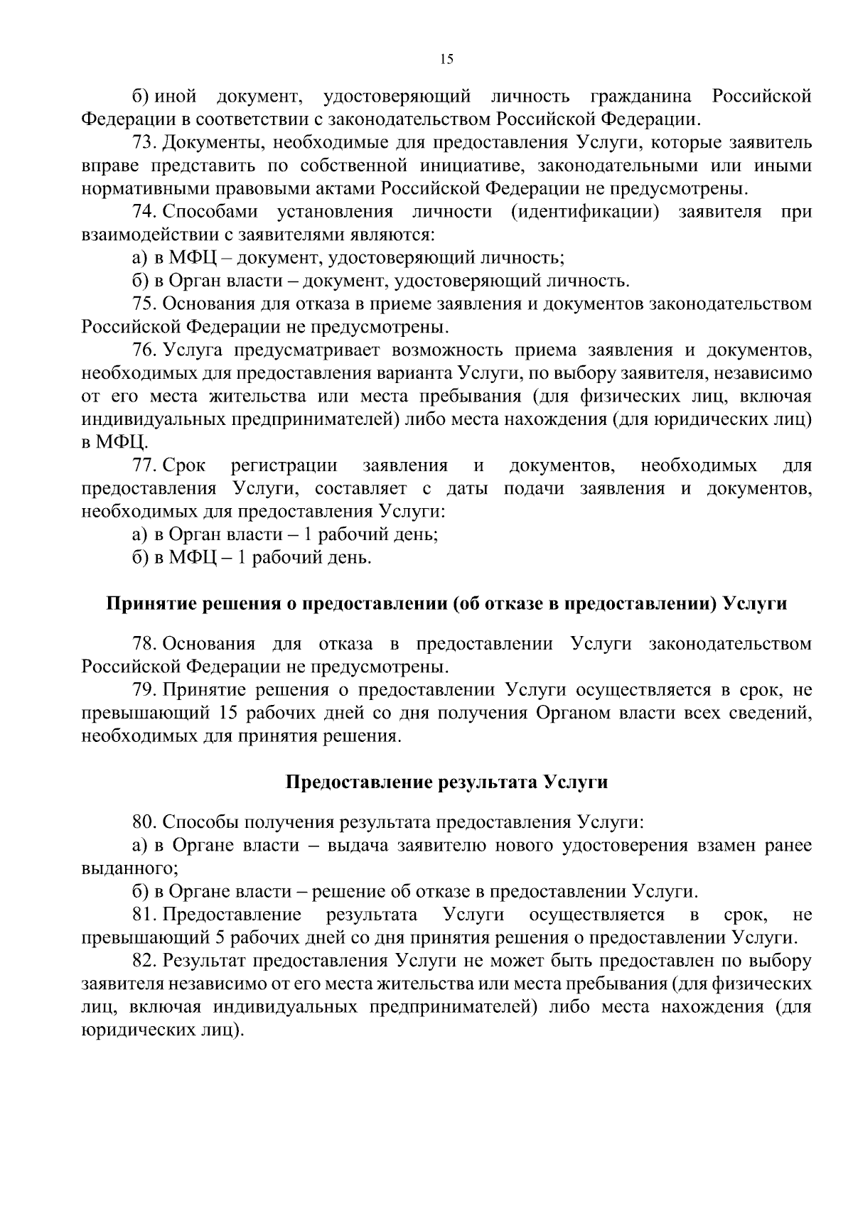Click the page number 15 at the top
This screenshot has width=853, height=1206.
[x=446, y=59]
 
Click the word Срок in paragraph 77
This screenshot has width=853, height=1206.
[x=184, y=465]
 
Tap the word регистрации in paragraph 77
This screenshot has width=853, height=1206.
[x=284, y=465]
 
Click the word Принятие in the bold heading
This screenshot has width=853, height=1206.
[x=144, y=604]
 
